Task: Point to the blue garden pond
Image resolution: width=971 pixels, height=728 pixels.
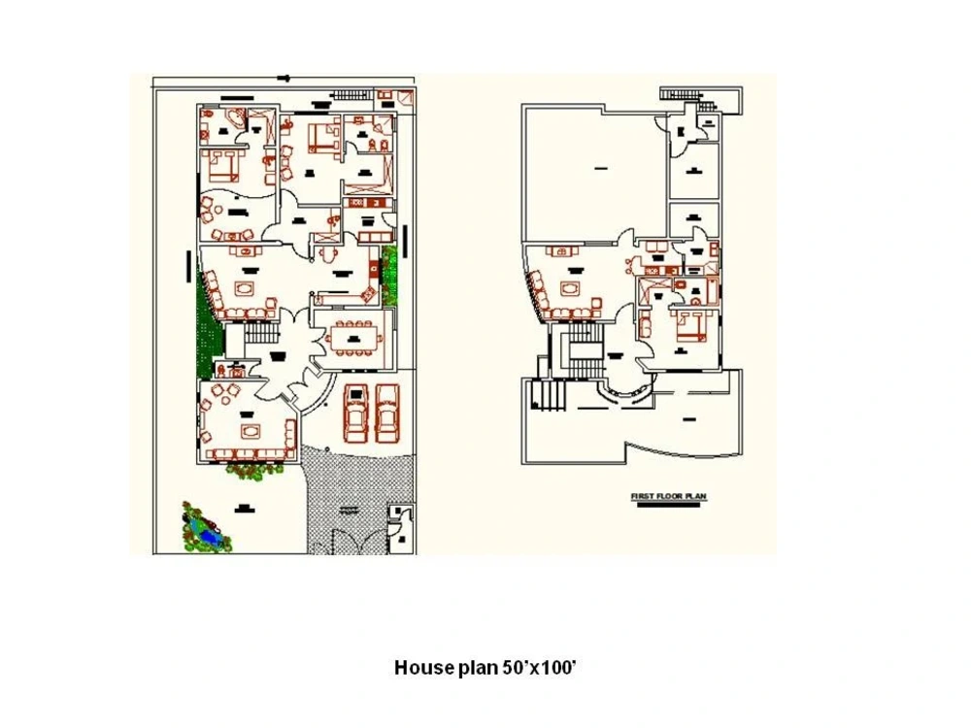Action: click(206, 529)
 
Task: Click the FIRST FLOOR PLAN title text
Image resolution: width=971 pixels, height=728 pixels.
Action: click(669, 497)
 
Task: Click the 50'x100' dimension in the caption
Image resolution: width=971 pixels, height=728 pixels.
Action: click(539, 668)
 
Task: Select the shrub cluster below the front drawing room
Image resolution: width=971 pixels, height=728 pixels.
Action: click(255, 469)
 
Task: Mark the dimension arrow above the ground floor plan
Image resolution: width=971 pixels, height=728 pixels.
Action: click(283, 77)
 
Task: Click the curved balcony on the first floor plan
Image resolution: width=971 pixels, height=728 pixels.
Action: click(626, 393)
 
